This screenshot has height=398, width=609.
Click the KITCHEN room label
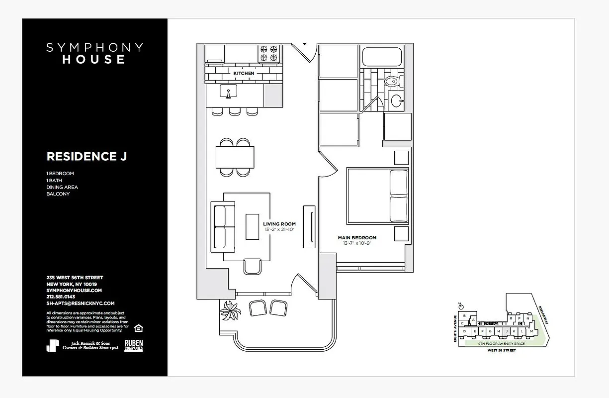244,73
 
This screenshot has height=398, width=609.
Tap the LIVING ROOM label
279,224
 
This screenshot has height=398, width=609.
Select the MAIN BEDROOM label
357,238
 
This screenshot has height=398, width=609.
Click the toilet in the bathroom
393,81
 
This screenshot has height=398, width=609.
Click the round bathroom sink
397,100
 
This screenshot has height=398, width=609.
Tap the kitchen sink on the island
229,92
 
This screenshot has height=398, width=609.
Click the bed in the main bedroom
377,196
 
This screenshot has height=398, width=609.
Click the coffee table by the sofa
253,227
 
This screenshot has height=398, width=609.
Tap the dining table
235,157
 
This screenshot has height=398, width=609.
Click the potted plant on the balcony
230,311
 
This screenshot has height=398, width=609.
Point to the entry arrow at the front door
304,44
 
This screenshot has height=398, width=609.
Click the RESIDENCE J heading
87,156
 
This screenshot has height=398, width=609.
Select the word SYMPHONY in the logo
94,48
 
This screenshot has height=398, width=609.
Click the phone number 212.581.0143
60,297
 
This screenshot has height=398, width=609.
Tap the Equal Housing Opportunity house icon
138,327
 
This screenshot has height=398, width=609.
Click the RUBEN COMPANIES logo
133,346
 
